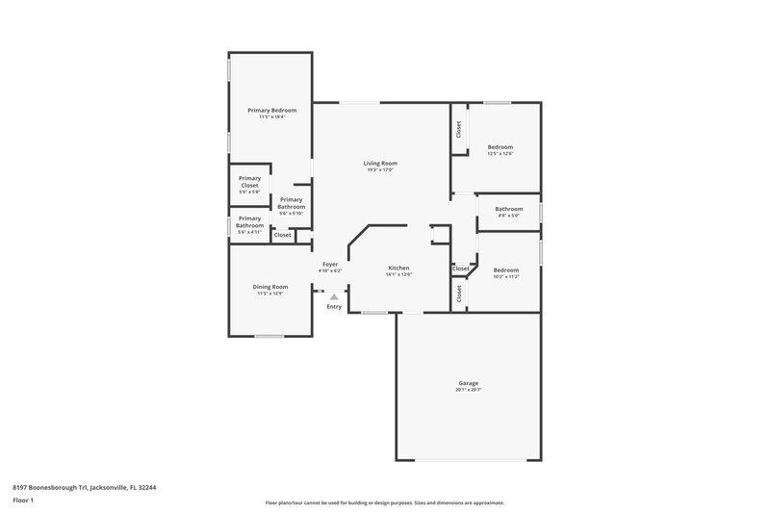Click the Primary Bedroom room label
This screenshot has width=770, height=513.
coord(271,111)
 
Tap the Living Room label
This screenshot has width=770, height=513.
coord(380,164)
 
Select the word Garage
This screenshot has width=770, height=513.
coord(468,383)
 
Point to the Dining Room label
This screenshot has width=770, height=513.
coord(271,287)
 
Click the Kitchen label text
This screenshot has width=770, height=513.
coord(399,268)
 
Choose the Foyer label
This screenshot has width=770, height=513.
coord(330,264)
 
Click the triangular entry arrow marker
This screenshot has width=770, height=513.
coord(334,296)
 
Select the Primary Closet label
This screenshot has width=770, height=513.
coord(249,181)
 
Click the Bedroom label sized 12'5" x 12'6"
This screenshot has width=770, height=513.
coord(500,146)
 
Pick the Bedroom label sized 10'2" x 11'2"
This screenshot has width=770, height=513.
coord(506,269)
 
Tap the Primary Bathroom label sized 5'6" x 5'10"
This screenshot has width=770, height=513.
coord(292,203)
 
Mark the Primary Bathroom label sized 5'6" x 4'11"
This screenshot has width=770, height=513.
coord(249,221)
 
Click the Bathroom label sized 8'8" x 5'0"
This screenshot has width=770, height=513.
coord(509,209)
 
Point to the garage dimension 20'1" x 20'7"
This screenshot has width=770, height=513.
coord(468,390)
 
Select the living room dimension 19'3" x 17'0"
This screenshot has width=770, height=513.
coord(380,170)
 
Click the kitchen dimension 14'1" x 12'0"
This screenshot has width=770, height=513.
coord(399,274)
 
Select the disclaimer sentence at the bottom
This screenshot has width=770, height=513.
coord(385,502)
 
